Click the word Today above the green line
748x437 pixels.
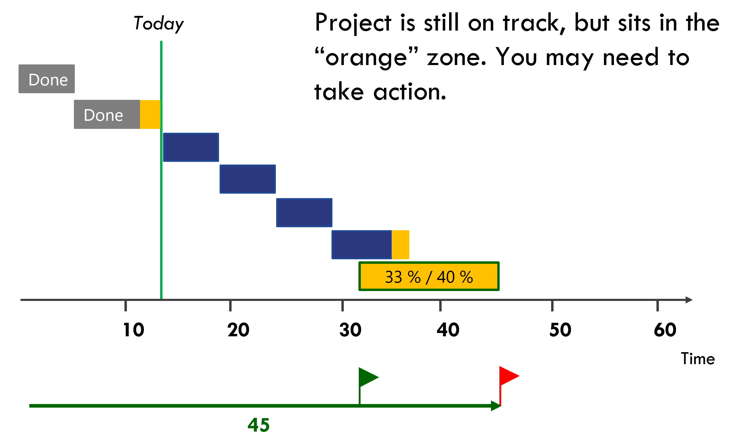(159, 24)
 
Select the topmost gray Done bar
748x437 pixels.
(47, 79)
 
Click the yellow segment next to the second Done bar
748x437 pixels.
(150, 114)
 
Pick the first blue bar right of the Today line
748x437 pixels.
(191, 147)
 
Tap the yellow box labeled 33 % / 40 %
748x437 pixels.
(429, 276)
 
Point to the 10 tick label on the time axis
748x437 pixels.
(133, 330)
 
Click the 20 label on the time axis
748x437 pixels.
(238, 330)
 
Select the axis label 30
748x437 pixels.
(350, 330)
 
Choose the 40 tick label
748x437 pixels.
(448, 330)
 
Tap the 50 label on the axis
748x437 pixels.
(560, 330)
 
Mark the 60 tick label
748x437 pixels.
(665, 330)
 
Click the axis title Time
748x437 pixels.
(698, 358)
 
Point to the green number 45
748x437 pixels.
(259, 425)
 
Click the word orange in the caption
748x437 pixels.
(366, 58)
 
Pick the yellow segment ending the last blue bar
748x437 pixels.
(401, 245)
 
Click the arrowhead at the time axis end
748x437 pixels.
(689, 300)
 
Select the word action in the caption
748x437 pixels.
(410, 91)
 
